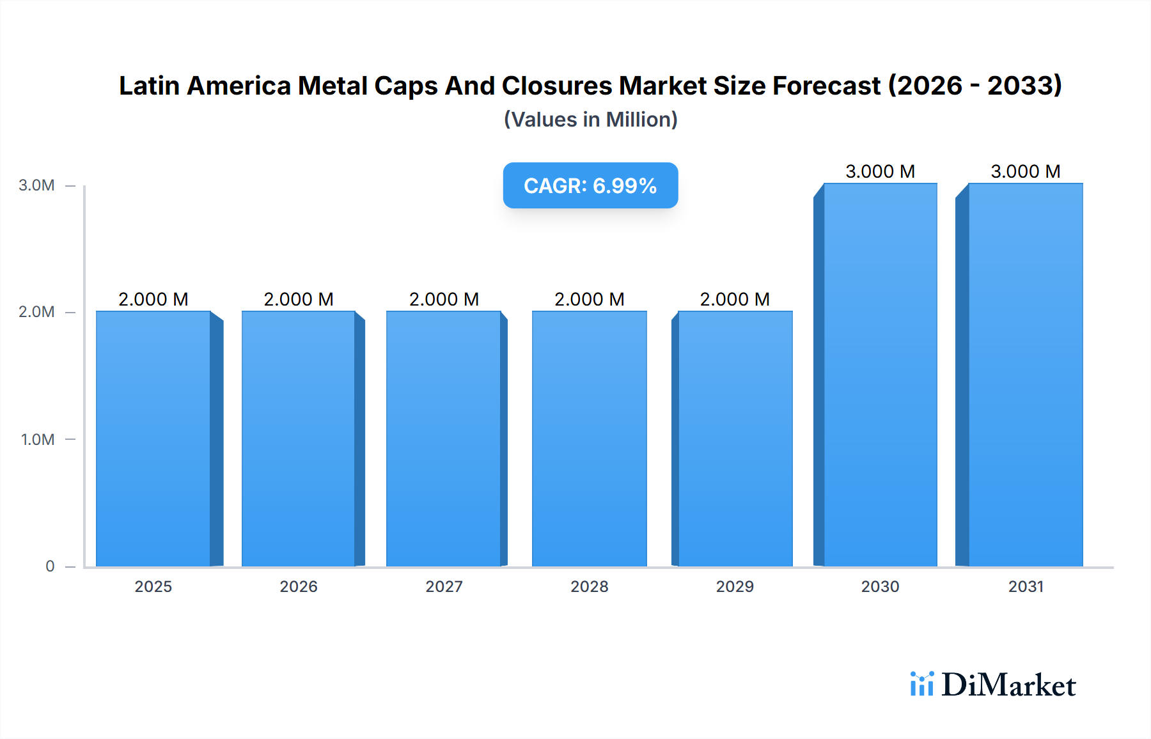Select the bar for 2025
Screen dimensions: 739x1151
[x=153, y=439]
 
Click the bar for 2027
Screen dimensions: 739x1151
[x=444, y=439]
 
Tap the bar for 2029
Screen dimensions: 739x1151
[x=735, y=439]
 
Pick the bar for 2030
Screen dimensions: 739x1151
[x=880, y=375]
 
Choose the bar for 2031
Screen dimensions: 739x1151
[x=1025, y=375]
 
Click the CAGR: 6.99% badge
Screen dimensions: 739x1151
[x=590, y=185]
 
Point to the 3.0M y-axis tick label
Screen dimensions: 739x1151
[x=36, y=185]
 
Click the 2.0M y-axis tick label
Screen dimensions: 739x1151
[x=36, y=312]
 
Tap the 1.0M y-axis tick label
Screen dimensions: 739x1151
[x=37, y=439]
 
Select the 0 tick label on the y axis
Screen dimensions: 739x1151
[x=50, y=566]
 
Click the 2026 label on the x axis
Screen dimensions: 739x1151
[x=299, y=586]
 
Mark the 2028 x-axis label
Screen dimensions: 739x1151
[x=590, y=586]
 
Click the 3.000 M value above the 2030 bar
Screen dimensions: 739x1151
[x=880, y=171]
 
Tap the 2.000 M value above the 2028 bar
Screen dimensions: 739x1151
[x=589, y=299]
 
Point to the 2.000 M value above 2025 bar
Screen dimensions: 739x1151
[x=153, y=299]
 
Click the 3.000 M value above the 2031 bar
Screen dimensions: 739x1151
[x=1025, y=171]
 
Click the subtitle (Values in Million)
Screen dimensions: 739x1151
[x=590, y=120]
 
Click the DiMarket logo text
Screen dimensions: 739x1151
[x=1008, y=685]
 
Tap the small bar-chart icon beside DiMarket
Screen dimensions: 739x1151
[x=921, y=684]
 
